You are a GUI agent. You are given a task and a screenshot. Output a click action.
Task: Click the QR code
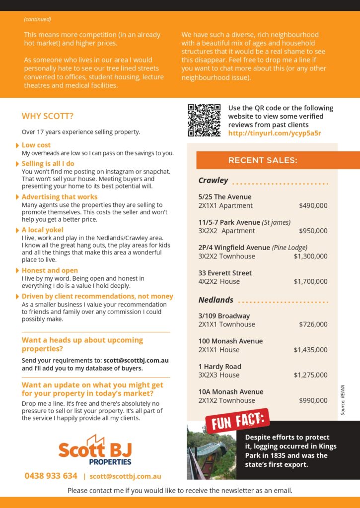click(x=204, y=120)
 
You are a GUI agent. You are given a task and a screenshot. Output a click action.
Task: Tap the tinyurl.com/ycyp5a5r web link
click(x=274, y=133)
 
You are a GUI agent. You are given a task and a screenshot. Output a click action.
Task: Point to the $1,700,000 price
click(x=310, y=281)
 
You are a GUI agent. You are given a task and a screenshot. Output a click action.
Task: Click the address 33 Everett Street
click(x=225, y=273)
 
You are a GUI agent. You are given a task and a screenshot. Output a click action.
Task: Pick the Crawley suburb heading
click(x=213, y=180)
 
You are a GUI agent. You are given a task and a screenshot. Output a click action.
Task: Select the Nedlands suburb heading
click(x=216, y=300)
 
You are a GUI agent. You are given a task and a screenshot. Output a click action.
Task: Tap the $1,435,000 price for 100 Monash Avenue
click(x=310, y=350)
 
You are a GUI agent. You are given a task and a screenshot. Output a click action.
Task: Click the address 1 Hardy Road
click(x=219, y=367)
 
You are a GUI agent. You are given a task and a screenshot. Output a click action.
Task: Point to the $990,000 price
click(x=313, y=400)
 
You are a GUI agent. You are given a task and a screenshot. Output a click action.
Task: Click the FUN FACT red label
click(x=237, y=421)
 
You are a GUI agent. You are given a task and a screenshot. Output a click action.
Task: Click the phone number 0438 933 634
click(x=51, y=476)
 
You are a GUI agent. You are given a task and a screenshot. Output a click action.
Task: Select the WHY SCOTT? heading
click(x=48, y=117)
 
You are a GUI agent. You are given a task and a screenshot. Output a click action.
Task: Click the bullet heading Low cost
click(x=36, y=145)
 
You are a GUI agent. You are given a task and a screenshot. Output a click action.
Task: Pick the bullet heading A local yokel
click(x=43, y=230)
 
